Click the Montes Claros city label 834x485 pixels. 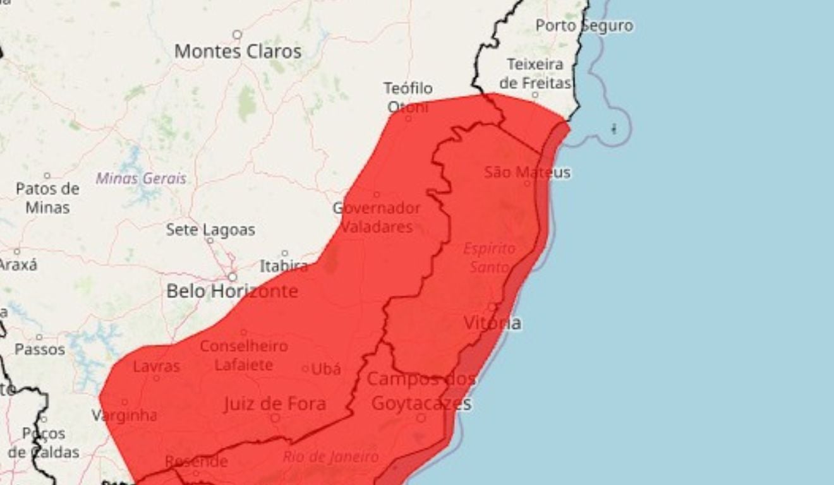[x=238, y=52]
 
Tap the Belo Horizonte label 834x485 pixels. [x=232, y=291]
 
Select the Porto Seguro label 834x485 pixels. [x=584, y=26]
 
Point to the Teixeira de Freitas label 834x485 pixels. [x=535, y=74]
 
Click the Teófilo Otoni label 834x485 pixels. [x=408, y=97]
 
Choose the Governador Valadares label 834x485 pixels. [x=377, y=217]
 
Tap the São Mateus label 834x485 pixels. [x=528, y=172]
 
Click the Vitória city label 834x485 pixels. [x=493, y=323]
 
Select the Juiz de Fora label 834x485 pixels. [x=275, y=404]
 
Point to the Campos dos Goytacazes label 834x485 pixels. [x=421, y=392]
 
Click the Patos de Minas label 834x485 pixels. [x=48, y=198]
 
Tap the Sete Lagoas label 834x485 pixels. [x=210, y=230]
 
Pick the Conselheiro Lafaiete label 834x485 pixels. [x=244, y=356]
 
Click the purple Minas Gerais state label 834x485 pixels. [x=141, y=179]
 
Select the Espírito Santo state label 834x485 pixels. [x=490, y=258]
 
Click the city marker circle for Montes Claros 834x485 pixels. [x=238, y=35]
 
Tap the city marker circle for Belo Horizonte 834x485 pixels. [x=233, y=277]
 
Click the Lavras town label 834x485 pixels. [x=156, y=366]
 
